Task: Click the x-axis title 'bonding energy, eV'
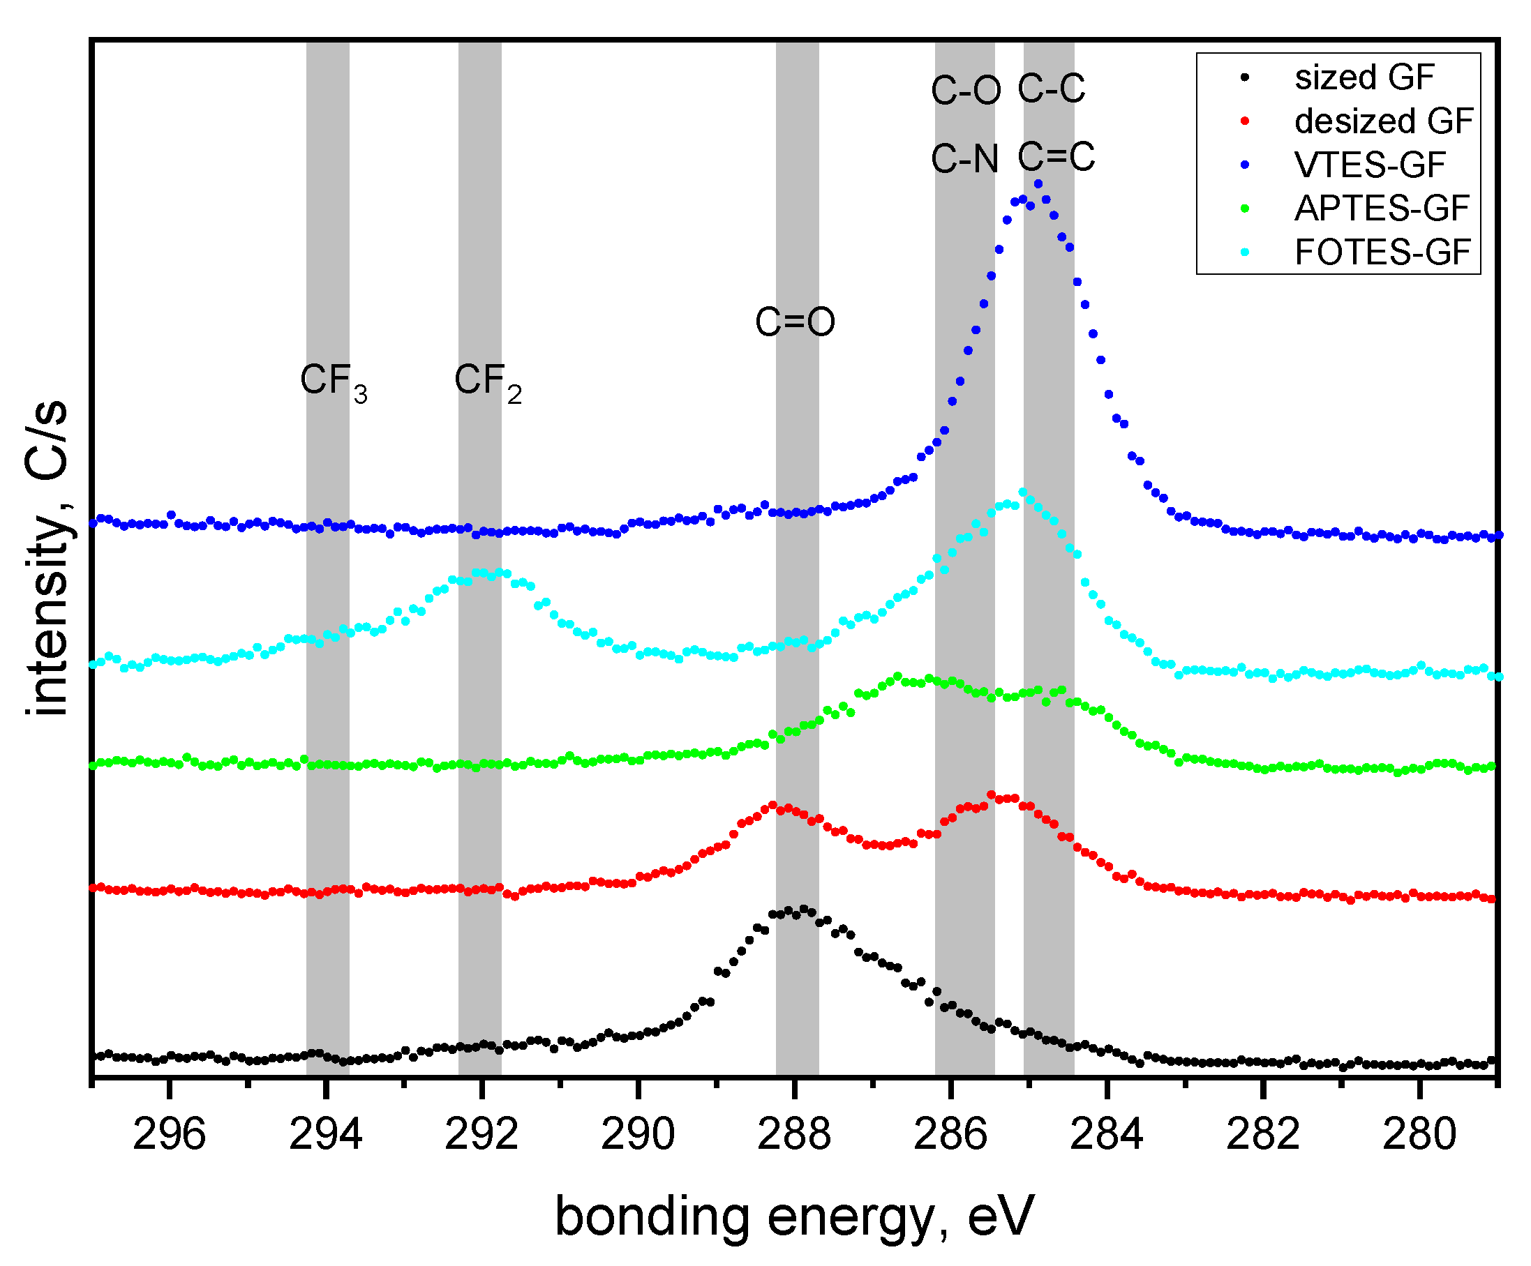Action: coord(795,1216)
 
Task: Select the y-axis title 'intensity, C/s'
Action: coord(47,557)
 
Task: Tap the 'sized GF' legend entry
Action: coord(1364,77)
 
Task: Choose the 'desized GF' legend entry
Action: coord(1383,121)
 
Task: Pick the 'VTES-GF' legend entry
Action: coord(1369,165)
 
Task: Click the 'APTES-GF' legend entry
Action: coord(1381,209)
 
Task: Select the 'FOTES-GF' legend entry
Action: coord(1382,253)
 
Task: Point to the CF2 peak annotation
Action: coord(488,382)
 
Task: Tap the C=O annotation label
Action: coord(795,322)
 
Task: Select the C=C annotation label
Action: coord(1056,156)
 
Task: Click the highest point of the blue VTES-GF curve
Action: coord(1038,183)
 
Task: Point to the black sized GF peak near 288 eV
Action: coord(804,909)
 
